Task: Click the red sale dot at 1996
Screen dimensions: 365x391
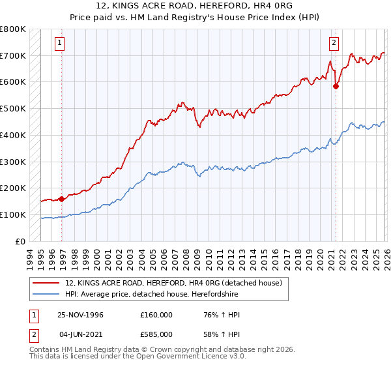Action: (62, 199)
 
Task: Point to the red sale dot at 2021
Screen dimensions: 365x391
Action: (336, 85)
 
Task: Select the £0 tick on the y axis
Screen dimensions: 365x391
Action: (19, 241)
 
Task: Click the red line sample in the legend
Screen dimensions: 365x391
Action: (47, 283)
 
